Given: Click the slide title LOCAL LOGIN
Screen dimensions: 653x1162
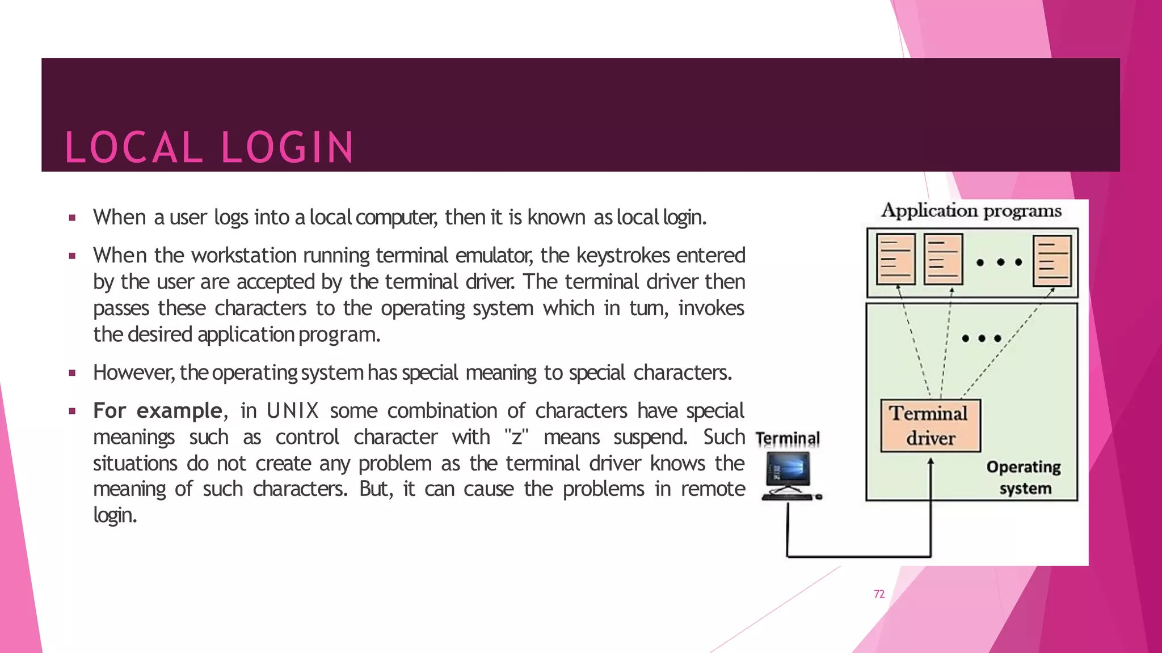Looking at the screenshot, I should pyautogui.click(x=209, y=147).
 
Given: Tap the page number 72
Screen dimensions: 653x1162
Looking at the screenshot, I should pyautogui.click(x=879, y=594).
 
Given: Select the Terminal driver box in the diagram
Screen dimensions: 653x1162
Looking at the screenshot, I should pyautogui.click(x=930, y=426).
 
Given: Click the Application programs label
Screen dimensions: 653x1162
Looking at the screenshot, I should pyautogui.click(x=971, y=211).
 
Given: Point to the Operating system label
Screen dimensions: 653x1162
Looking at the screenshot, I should pyautogui.click(x=1024, y=477).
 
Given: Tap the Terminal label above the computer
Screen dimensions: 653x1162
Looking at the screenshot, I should pyautogui.click(x=788, y=439).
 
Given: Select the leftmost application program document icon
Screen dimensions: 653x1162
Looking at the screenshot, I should pyautogui.click(x=895, y=260).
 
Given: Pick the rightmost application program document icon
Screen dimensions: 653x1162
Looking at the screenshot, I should pyautogui.click(x=1052, y=261).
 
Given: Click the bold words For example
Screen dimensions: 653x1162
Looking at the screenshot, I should pyautogui.click(x=157, y=410).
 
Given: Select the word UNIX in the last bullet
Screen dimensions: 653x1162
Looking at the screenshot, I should pyautogui.click(x=292, y=410).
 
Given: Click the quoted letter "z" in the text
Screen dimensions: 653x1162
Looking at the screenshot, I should pyautogui.click(x=516, y=437).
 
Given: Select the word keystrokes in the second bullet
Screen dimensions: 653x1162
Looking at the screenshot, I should pyautogui.click(x=624, y=256).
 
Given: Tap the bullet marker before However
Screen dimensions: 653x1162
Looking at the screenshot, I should pyautogui.click(x=72, y=373).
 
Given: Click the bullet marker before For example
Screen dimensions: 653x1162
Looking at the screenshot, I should pyautogui.click(x=72, y=411).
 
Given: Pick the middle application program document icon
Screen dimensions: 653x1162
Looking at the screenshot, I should pyautogui.click(x=943, y=260).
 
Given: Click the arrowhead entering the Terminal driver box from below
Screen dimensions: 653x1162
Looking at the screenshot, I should pyautogui.click(x=931, y=463).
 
